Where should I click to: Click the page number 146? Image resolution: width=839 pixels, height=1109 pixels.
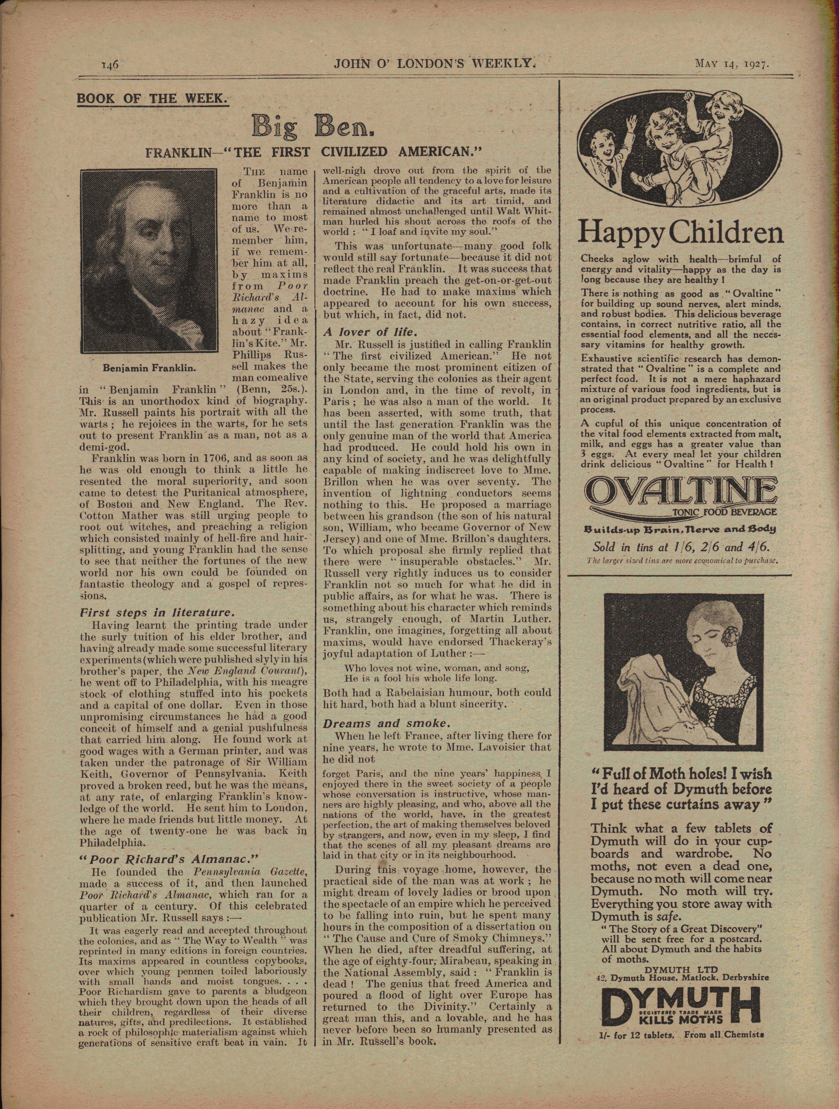tap(109, 64)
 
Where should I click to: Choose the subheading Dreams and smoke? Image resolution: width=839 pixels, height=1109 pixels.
tap(380, 723)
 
